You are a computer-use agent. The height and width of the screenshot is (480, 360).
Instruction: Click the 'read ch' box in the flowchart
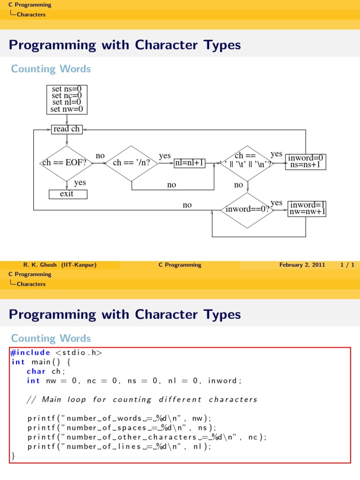[67, 129]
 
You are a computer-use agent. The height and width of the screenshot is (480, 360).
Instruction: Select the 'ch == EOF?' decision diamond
[67, 163]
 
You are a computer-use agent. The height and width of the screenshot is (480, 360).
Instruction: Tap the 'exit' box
[67, 194]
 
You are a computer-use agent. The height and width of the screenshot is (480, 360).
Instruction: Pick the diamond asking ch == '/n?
[131, 163]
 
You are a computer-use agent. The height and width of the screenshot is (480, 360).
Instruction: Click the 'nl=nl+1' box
[190, 163]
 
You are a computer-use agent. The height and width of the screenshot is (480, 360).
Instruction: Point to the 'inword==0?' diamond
[247, 210]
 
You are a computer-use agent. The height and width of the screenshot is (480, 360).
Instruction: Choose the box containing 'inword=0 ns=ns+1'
[306, 161]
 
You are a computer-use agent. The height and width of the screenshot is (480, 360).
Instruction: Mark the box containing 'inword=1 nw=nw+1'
[307, 208]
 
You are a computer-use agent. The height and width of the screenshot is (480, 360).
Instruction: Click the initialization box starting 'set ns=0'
[67, 99]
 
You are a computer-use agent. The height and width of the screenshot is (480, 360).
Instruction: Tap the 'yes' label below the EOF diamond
[80, 183]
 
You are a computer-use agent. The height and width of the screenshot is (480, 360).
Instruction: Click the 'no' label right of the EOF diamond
[100, 156]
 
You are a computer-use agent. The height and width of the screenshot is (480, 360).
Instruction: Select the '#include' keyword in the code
[30, 352]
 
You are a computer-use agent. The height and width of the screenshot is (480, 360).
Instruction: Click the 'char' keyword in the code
[36, 371]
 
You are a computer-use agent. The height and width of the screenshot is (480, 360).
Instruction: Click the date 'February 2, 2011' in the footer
[302, 265]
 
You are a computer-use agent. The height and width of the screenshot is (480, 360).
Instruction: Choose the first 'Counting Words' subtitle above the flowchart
[51, 69]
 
